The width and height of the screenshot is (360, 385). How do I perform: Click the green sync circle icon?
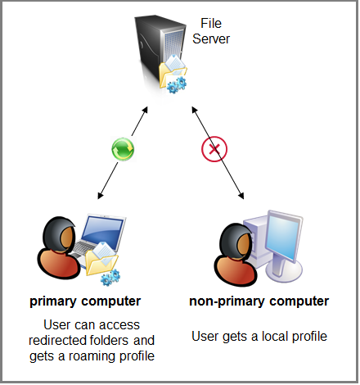click(x=123, y=149)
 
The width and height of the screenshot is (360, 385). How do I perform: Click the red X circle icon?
click(x=214, y=149)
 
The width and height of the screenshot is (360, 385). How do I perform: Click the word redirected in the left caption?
click(x=62, y=340)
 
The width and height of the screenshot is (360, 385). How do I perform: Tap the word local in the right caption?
click(x=267, y=336)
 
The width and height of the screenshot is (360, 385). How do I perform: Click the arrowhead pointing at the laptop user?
click(x=99, y=197)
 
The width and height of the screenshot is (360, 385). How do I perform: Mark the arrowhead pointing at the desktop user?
click(x=241, y=197)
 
